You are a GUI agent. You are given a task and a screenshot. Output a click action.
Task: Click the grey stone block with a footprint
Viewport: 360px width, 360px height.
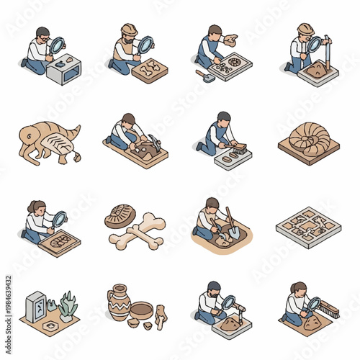64,70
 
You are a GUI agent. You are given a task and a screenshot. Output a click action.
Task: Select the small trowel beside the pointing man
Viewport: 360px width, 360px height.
204,75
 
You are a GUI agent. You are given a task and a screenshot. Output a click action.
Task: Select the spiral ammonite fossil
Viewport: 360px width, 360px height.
309,138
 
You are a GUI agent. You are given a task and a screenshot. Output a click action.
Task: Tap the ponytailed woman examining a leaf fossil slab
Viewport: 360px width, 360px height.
37,219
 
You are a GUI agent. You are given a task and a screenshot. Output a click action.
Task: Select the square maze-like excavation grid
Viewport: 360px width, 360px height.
308,227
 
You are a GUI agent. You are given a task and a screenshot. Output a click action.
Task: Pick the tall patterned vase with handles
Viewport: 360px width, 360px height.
119,302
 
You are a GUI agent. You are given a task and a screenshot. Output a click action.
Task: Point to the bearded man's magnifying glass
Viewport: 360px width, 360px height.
228,302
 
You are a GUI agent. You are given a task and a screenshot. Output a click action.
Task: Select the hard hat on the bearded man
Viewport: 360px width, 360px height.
129,29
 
